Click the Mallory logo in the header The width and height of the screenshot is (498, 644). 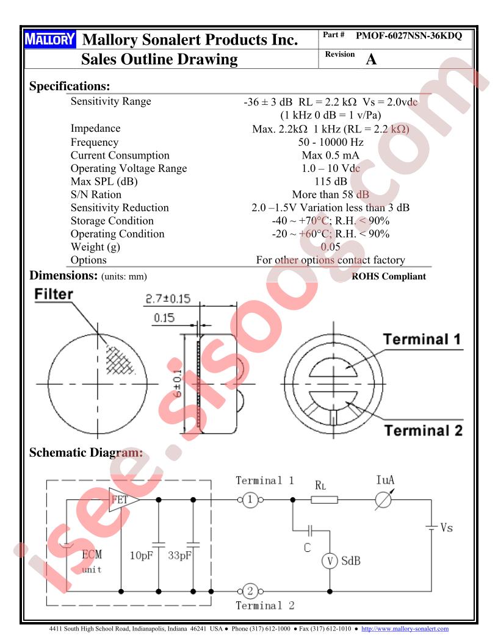pos(49,40)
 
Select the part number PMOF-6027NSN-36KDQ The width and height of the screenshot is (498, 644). pos(409,36)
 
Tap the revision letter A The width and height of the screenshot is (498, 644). pos(371,59)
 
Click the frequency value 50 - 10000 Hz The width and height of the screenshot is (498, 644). pos(331,142)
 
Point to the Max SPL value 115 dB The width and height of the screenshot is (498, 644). pos(331,182)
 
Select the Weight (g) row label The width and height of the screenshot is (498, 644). pos(95,247)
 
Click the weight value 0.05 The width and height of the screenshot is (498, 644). pos(330,247)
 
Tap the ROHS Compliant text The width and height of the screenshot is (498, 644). pos(389,276)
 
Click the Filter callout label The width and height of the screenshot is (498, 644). pos(54,294)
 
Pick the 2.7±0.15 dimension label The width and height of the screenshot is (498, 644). pos(168,299)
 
